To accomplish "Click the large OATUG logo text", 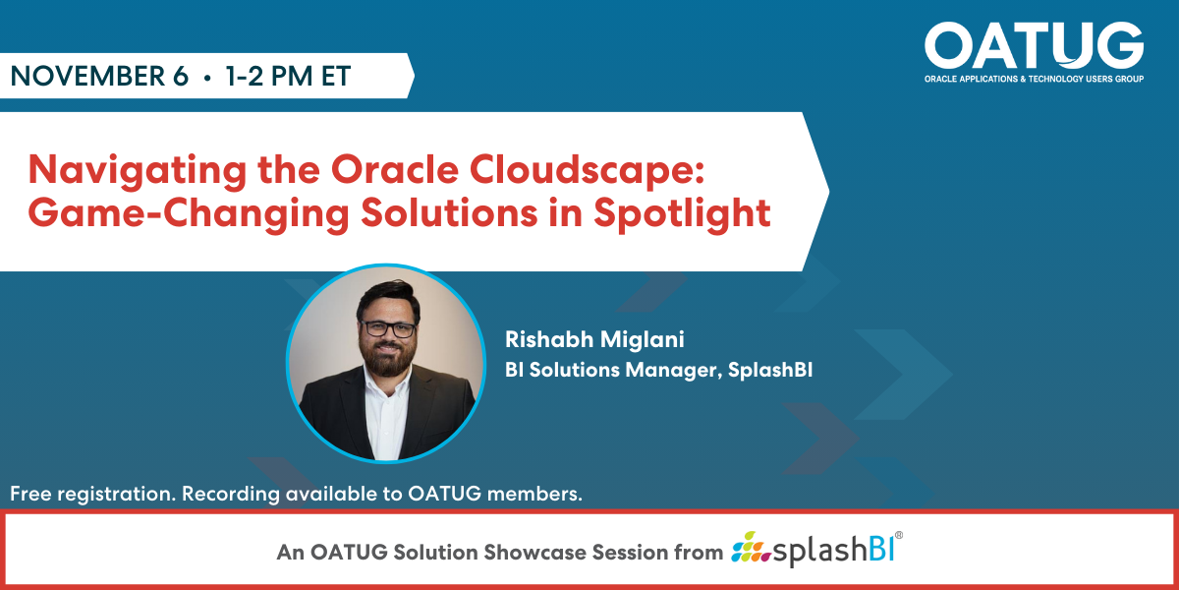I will (1034, 45).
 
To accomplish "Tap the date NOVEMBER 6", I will (99, 77).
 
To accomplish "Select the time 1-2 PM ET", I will (288, 77).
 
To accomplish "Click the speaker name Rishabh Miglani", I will (594, 340).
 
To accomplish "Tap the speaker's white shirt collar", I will (384, 393).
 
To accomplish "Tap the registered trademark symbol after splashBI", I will (897, 537).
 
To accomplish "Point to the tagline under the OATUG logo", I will (1034, 78).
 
